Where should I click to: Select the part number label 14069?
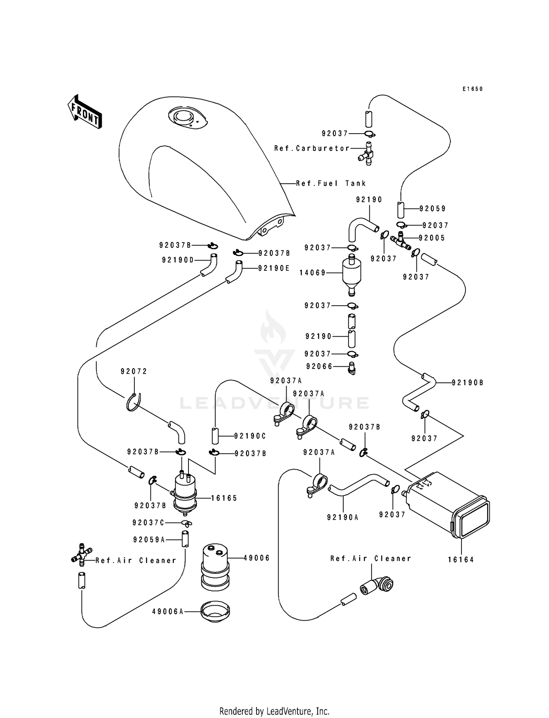pyautogui.click(x=312, y=273)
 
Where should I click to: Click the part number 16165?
pyautogui.click(x=224, y=498)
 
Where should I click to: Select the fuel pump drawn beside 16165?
pyautogui.click(x=185, y=492)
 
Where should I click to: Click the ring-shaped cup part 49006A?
pyautogui.click(x=215, y=611)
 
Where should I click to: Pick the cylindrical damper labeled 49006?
pyautogui.click(x=215, y=567)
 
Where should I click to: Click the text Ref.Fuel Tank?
pyautogui.click(x=331, y=183)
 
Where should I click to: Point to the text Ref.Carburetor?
pyautogui.click(x=312, y=148)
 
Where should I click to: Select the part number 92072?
pyautogui.click(x=134, y=371)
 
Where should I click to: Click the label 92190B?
pyautogui.click(x=467, y=383)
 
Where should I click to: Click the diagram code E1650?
pyautogui.click(x=473, y=89)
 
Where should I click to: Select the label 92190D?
pyautogui.click(x=178, y=260)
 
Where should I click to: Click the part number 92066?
pyautogui.click(x=319, y=366)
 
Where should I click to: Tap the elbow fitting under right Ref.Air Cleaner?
pyautogui.click(x=377, y=586)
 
